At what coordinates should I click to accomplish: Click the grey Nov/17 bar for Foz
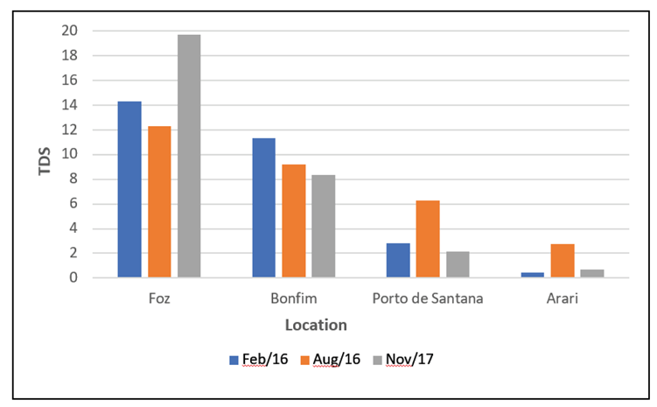pyautogui.click(x=189, y=156)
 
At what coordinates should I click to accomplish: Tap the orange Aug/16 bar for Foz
pyautogui.click(x=159, y=201)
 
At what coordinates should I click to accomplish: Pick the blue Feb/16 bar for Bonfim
pyautogui.click(x=264, y=207)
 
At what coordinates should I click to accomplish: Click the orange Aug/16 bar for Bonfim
pyautogui.click(x=294, y=221)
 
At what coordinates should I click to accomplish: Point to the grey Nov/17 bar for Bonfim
pyautogui.click(x=323, y=226)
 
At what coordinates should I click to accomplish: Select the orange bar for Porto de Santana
pyautogui.click(x=428, y=239)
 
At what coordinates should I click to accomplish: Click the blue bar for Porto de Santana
pyautogui.click(x=398, y=260)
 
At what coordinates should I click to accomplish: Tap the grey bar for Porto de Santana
pyautogui.click(x=458, y=264)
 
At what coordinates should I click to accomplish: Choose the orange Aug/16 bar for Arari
pyautogui.click(x=563, y=261)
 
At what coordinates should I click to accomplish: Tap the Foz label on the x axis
pyautogui.click(x=159, y=298)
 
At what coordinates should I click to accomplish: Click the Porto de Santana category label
pyautogui.click(x=428, y=298)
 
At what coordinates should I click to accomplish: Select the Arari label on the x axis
pyautogui.click(x=563, y=298)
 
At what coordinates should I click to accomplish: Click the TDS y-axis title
pyautogui.click(x=45, y=155)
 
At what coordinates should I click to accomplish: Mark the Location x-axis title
pyautogui.click(x=316, y=325)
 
